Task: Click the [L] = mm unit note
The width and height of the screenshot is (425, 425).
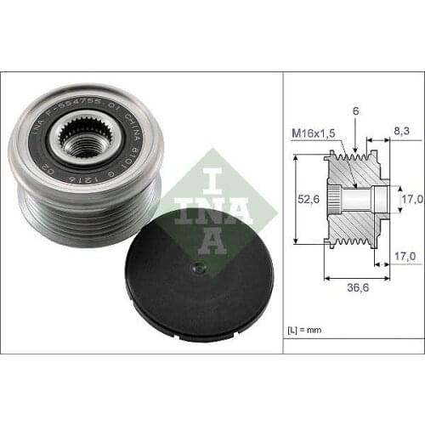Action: click(x=303, y=326)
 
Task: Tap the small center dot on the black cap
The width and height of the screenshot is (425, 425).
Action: click(x=196, y=269)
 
